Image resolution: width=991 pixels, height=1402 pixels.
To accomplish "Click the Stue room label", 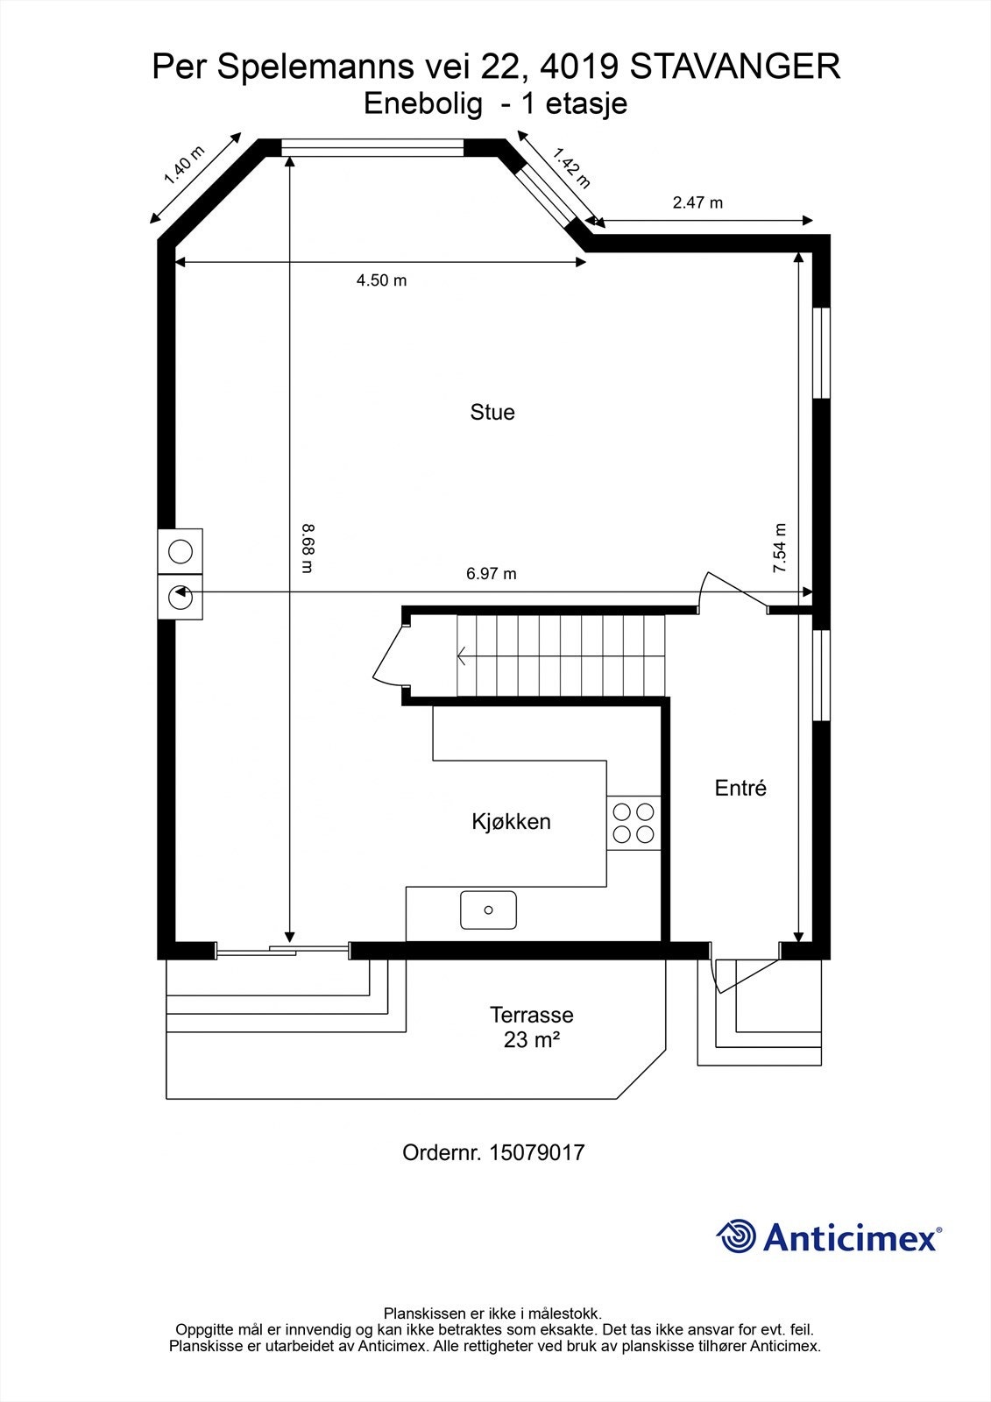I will (492, 413).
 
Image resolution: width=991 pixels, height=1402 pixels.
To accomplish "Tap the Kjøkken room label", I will (511, 822).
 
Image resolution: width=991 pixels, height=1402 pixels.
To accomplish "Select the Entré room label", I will (740, 788).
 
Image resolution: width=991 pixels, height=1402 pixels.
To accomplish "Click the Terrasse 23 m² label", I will (531, 1027).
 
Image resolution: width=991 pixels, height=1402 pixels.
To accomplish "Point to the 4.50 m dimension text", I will (381, 280).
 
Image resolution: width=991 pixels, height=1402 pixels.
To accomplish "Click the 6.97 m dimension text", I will (491, 574).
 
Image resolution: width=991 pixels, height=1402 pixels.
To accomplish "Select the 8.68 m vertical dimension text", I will (307, 548).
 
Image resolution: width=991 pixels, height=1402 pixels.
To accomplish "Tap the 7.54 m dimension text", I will (779, 548).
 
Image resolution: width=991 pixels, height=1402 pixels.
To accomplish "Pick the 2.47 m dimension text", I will (697, 202).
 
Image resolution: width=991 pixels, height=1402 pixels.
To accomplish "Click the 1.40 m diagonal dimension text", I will (184, 166).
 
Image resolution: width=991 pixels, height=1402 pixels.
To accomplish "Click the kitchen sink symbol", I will (488, 910).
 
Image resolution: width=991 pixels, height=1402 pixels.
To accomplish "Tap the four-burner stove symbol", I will (634, 822).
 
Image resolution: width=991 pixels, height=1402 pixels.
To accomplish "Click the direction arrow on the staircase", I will (462, 655).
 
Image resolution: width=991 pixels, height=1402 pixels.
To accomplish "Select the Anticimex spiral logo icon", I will (737, 1236).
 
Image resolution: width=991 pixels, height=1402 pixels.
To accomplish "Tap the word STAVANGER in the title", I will (734, 67).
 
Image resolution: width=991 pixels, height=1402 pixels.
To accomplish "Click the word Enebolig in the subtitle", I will (423, 104).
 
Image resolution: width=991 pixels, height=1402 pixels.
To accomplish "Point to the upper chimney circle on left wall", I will (180, 551).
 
